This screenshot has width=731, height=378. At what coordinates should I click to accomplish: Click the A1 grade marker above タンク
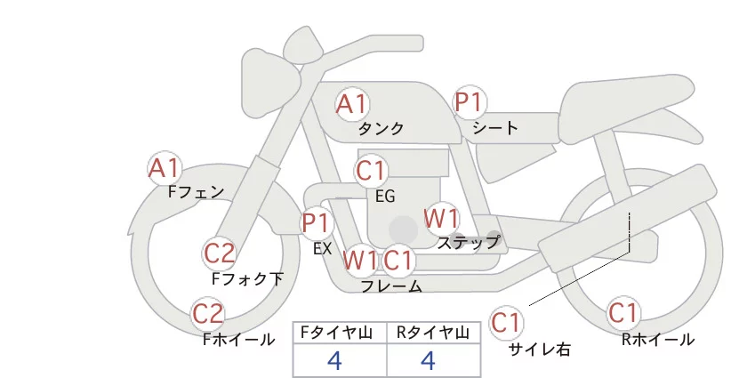[x=351, y=104]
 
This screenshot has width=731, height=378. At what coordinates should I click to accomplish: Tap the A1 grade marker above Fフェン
[x=165, y=167]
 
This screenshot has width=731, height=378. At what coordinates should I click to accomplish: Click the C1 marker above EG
[x=371, y=170]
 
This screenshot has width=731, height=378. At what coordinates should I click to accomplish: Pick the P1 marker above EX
[x=316, y=221]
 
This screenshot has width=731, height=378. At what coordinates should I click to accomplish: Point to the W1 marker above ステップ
[x=440, y=217]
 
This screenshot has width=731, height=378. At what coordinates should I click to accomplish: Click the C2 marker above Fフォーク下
[x=219, y=254]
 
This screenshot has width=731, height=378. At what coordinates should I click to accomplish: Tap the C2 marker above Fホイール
[x=209, y=314]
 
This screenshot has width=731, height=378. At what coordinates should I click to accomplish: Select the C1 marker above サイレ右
[x=506, y=321]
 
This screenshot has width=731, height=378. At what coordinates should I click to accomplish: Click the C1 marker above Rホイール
[x=623, y=314]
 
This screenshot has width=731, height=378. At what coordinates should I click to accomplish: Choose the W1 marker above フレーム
[x=360, y=261]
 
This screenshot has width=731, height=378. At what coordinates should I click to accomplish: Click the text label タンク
[x=381, y=129]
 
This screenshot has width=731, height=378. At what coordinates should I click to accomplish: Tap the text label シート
[x=495, y=128]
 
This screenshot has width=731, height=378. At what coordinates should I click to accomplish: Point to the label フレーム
[x=391, y=286]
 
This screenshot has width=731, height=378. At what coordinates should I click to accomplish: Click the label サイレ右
[x=539, y=350]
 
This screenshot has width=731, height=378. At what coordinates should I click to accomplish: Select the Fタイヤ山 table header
[x=340, y=332]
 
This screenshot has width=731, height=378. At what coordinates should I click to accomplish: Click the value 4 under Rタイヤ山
[x=429, y=361]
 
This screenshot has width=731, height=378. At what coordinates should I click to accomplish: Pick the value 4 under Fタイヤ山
[x=335, y=361]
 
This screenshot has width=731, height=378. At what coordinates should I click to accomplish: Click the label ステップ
[x=468, y=242]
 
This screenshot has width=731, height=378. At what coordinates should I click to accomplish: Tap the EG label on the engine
[x=385, y=197]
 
